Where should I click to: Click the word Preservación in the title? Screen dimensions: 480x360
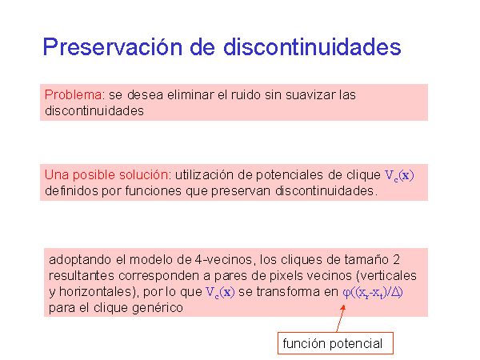pyautogui.click(x=112, y=48)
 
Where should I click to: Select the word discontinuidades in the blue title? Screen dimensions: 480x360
pyautogui.click(x=312, y=47)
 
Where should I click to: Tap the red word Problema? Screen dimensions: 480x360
pyautogui.click(x=73, y=95)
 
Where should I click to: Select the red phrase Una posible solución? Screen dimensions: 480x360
pyautogui.click(x=106, y=175)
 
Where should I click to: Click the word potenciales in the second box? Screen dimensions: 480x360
pyautogui.click(x=290, y=175)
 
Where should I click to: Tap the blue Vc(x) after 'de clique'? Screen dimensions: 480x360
pyautogui.click(x=399, y=176)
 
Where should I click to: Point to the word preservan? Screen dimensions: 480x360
pyautogui.click(x=241, y=191)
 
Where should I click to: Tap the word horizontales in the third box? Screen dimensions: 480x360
pyautogui.click(x=95, y=292)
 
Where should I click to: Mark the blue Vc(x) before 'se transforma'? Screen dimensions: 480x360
pyautogui.click(x=220, y=292)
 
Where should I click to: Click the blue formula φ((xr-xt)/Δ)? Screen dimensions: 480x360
pyautogui.click(x=373, y=293)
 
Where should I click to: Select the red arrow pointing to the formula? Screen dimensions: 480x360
pyautogui.click(x=341, y=318)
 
